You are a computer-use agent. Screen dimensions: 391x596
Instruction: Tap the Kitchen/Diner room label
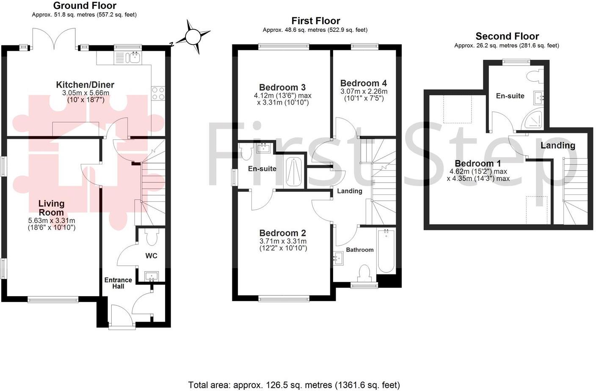coord(85,85)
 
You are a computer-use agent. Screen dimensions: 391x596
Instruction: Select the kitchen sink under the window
coord(134,57)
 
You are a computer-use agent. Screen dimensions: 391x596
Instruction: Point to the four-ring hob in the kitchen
coord(158,93)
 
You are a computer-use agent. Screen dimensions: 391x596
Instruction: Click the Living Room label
coord(52,208)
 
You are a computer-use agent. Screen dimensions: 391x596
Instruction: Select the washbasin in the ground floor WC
coord(151,277)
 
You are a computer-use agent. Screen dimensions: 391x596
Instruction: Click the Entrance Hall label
coord(118,283)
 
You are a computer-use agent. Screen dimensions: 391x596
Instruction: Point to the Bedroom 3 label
coord(282,88)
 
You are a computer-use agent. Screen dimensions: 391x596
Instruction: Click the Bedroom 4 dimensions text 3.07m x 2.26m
coord(364,92)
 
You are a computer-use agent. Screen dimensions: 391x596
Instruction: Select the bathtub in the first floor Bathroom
coord(386,251)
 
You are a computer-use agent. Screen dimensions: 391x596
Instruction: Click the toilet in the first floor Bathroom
coord(364,273)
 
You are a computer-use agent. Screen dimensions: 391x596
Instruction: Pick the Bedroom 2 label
coord(282,233)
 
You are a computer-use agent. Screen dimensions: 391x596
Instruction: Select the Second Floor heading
coord(507,36)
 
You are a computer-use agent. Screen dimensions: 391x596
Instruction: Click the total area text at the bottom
coord(294,385)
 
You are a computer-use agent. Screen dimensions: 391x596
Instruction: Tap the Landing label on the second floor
coord(557,145)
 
